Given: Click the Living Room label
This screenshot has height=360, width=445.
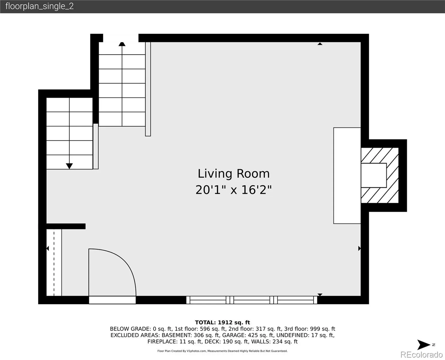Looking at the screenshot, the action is click(x=234, y=174).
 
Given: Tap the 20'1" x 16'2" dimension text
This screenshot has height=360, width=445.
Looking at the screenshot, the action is click(x=233, y=190).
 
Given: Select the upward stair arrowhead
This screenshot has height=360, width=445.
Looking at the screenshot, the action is click(x=122, y=44).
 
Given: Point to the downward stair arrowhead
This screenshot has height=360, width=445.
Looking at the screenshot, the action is click(x=69, y=166).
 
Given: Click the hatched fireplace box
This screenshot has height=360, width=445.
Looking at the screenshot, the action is click(x=380, y=175).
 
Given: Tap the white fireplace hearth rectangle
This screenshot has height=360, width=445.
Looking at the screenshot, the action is click(x=347, y=175).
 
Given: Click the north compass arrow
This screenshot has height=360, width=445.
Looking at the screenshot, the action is click(x=423, y=345).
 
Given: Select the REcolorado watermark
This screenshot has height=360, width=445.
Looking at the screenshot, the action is click(x=421, y=354).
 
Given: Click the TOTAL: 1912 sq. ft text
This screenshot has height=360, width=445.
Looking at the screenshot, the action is click(x=222, y=322).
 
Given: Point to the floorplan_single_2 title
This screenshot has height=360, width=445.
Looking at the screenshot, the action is click(x=40, y=6).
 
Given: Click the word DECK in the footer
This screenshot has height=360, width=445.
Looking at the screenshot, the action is click(x=212, y=342).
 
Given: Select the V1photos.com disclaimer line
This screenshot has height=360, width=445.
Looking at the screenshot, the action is click(x=222, y=351).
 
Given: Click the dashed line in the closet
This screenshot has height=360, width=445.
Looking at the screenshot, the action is click(x=54, y=262).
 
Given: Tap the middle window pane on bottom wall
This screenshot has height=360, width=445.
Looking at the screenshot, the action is click(x=252, y=300).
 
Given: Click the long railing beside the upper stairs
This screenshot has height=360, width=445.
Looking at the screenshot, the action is click(x=148, y=89).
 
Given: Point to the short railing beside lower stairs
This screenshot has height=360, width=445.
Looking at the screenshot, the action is click(x=96, y=146).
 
